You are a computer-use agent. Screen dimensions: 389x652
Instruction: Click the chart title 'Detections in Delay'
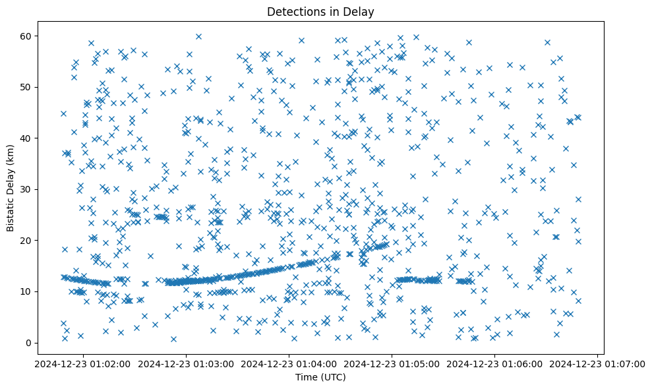320,12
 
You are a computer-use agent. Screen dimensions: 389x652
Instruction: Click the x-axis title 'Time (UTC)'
320,377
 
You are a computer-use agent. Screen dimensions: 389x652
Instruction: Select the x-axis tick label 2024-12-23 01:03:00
187,363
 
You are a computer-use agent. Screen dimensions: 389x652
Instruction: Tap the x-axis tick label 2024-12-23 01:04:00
289,363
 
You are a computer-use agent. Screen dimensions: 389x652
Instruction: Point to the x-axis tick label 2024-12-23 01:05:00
392,363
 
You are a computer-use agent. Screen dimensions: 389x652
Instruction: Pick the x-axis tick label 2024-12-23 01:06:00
495,363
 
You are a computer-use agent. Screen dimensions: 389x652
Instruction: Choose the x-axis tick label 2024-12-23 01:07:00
598,363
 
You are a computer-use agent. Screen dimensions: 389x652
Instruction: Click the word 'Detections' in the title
293,12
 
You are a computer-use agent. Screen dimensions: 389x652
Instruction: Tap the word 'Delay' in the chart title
359,12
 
